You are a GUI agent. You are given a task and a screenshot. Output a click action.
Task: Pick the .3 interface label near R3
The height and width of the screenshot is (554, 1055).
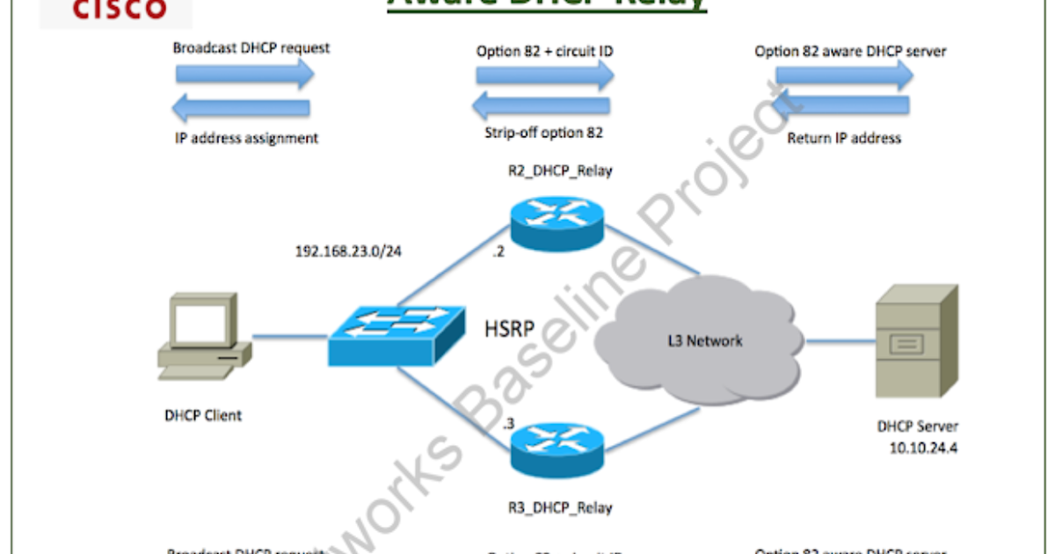tap(508, 424)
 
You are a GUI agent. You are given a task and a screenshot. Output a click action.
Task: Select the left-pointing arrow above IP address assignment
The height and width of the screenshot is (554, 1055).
tap(242, 108)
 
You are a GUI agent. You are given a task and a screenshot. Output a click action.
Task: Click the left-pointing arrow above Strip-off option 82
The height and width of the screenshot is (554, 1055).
tap(541, 107)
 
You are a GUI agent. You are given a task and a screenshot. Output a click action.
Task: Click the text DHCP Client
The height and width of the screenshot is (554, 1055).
tap(203, 415)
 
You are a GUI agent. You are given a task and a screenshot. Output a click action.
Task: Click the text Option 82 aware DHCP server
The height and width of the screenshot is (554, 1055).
tap(850, 51)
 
